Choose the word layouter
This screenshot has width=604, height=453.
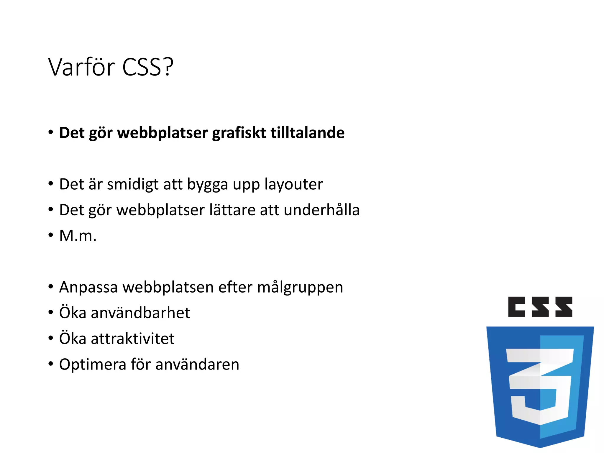293,185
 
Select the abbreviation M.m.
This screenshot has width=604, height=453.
78,236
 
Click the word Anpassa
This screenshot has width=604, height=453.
88,288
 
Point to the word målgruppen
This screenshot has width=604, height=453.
300,288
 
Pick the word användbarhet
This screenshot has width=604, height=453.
140,313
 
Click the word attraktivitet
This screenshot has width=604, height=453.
133,339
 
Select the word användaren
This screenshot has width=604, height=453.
197,365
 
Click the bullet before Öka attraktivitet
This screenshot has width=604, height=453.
51,338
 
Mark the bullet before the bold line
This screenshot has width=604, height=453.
51,132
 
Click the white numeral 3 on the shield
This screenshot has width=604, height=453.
540,386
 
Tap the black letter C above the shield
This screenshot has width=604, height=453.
516,307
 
